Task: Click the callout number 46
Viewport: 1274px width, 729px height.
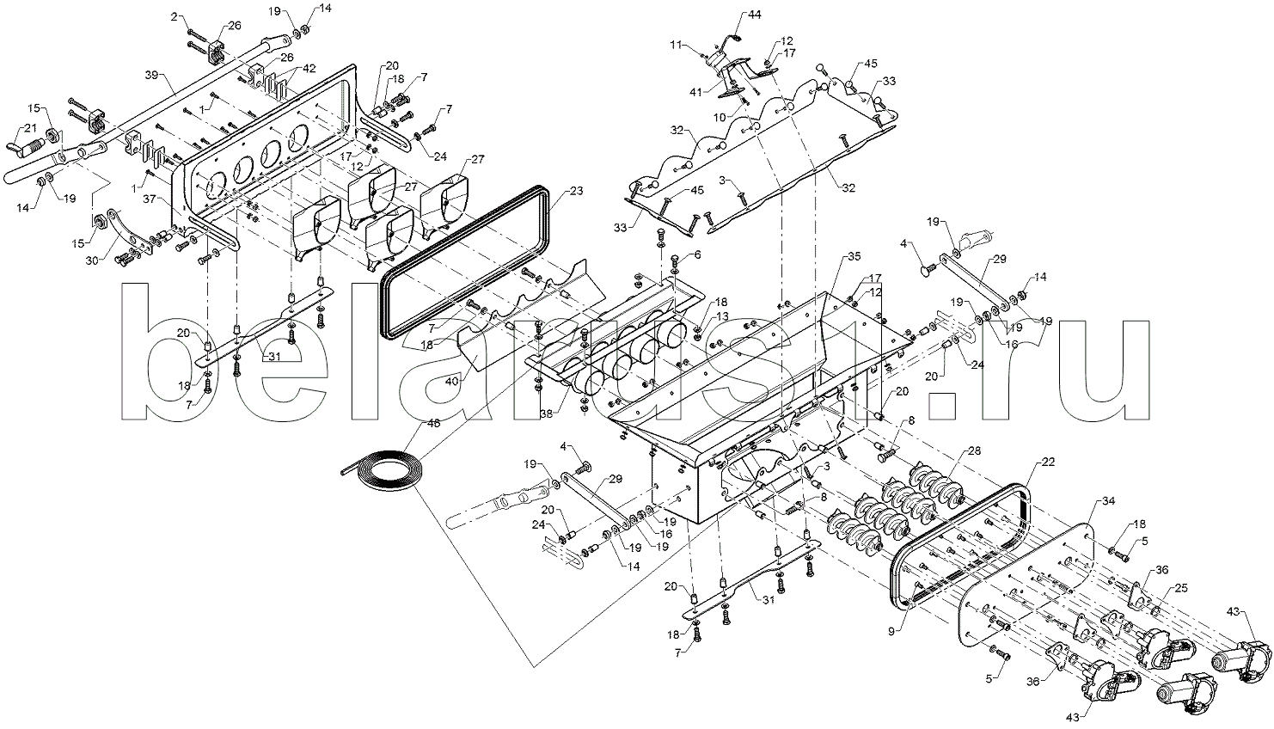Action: click(433, 423)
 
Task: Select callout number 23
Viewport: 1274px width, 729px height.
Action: click(576, 192)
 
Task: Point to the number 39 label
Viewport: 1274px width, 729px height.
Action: click(151, 75)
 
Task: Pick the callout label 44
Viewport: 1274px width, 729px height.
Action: click(754, 15)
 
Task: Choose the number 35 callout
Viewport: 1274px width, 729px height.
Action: click(854, 256)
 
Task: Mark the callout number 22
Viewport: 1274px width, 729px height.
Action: click(1048, 463)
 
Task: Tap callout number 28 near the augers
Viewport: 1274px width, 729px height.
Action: click(974, 451)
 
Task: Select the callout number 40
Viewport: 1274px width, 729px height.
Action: click(451, 382)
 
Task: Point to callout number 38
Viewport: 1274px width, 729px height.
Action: click(546, 414)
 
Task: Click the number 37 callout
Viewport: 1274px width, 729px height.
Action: click(149, 199)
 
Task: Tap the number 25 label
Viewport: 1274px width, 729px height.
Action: click(1180, 588)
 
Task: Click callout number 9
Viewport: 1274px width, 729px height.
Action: click(891, 630)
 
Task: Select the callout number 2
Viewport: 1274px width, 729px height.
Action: click(174, 17)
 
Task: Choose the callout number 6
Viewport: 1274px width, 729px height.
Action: click(697, 254)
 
